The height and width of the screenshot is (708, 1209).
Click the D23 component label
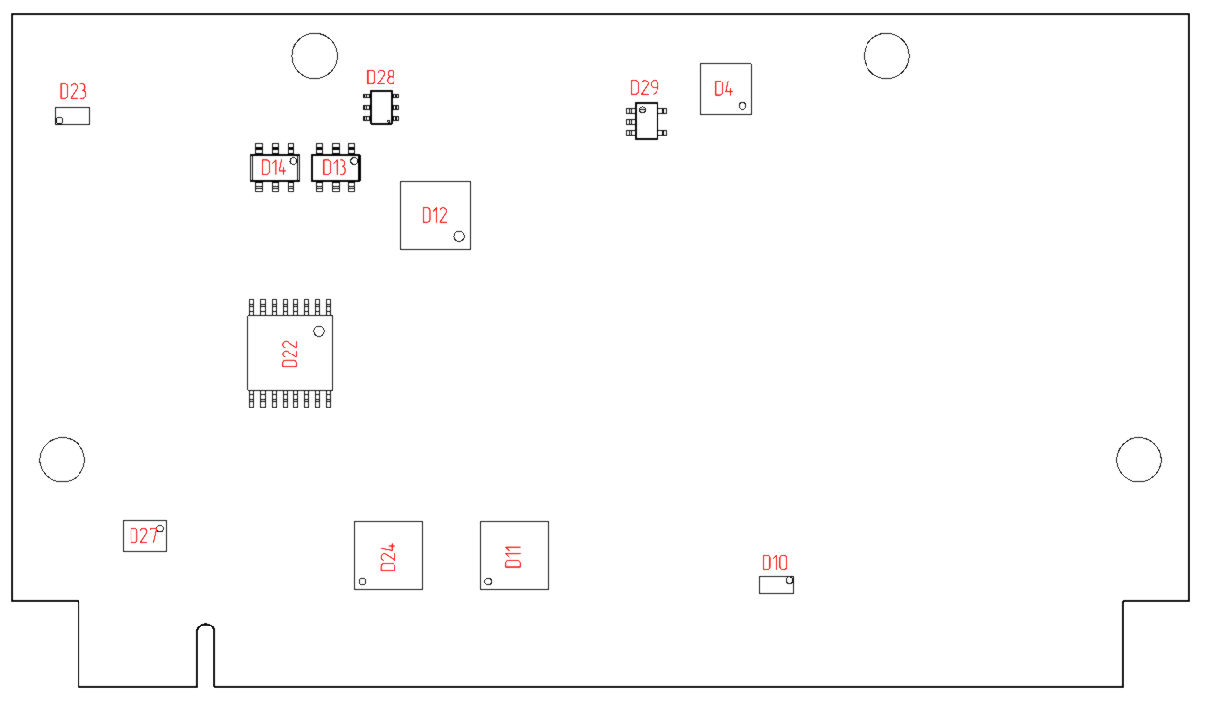[x=73, y=91]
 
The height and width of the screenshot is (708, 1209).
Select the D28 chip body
[x=380, y=107]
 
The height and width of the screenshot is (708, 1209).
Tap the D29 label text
[x=644, y=88]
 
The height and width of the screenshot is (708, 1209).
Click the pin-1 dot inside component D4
[x=742, y=105]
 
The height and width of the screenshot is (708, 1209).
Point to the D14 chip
[x=275, y=168]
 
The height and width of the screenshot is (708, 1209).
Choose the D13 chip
[x=336, y=168]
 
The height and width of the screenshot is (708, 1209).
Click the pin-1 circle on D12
[x=458, y=236]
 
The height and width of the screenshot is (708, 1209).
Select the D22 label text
[x=289, y=354]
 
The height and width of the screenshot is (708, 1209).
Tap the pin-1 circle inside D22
[x=318, y=331]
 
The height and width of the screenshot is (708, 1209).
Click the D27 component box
[x=144, y=536]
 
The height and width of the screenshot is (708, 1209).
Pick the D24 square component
[x=389, y=556]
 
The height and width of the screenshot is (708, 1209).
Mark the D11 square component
[x=513, y=556]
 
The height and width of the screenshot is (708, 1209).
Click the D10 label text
[x=774, y=563]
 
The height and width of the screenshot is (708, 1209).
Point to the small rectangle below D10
[x=775, y=585]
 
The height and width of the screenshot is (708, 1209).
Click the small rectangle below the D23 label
[x=72, y=116]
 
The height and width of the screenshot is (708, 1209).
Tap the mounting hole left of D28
[x=315, y=56]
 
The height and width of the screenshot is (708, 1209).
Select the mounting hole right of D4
[x=885, y=56]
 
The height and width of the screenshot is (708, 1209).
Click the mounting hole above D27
[x=62, y=459]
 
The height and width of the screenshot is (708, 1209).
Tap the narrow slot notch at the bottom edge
[x=204, y=656]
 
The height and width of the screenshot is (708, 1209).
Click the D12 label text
[x=434, y=215]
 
